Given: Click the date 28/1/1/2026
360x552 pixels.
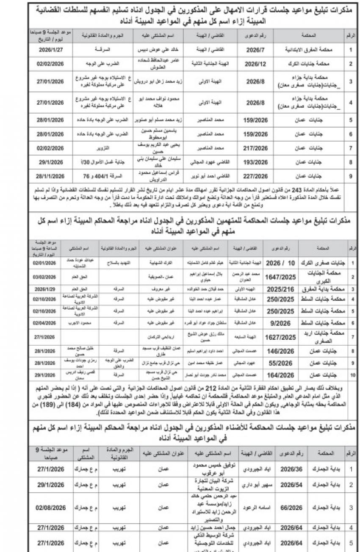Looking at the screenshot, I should tap(50, 175).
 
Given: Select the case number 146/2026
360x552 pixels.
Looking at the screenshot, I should tap(280, 352).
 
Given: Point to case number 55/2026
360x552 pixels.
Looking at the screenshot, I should tap(280, 363).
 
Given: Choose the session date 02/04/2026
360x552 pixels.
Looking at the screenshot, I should tap(44, 323).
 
